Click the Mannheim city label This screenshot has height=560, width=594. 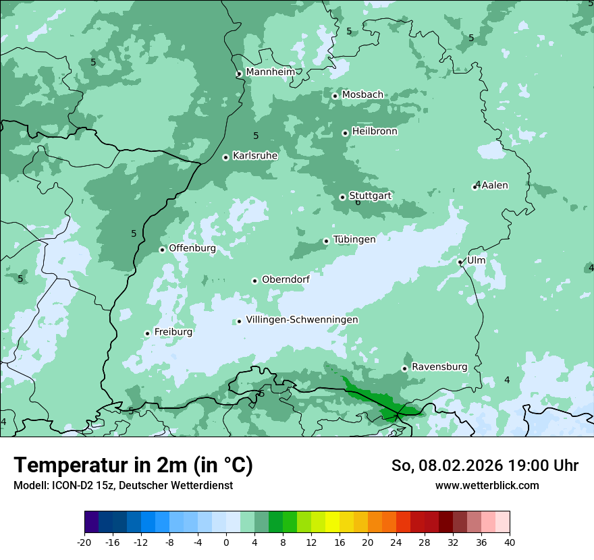point(270,72)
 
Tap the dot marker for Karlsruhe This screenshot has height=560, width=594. point(226,157)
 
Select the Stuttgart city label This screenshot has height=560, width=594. point(370,196)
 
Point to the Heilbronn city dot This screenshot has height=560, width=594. point(346,133)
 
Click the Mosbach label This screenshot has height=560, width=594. point(362,95)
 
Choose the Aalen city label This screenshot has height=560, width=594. point(495,186)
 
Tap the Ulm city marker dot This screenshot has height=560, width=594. point(460,262)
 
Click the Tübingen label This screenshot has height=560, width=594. point(354,240)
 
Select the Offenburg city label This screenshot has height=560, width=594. point(192,248)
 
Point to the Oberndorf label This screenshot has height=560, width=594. point(286,280)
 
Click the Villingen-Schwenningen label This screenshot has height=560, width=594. point(302,320)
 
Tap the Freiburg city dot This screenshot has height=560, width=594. point(147,333)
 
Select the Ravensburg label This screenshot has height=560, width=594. point(439,367)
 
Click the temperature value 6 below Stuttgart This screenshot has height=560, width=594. point(358,202)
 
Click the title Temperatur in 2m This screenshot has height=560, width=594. point(133,465)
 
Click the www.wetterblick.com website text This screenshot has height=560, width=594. point(487,485)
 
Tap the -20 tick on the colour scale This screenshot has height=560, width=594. point(84,542)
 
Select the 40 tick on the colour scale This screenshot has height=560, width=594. point(510,542)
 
